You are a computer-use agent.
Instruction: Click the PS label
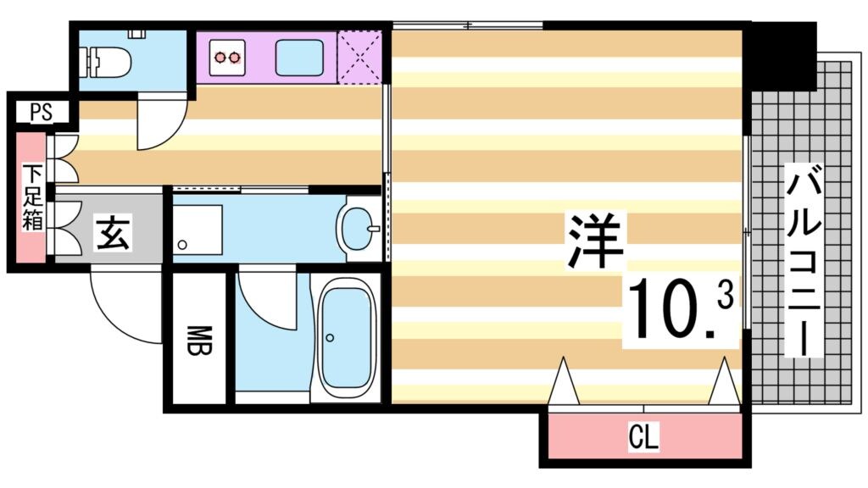point(40,111)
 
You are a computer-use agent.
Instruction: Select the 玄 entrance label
point(112,232)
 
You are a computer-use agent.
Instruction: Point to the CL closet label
point(644,438)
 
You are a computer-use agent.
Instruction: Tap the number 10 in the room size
point(670,311)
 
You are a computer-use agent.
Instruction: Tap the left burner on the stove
point(222,58)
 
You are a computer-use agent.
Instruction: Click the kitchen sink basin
point(298,58)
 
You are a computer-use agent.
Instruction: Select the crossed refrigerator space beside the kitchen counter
point(359,58)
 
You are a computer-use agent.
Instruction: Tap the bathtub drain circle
point(330,337)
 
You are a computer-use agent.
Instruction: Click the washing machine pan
point(197,228)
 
